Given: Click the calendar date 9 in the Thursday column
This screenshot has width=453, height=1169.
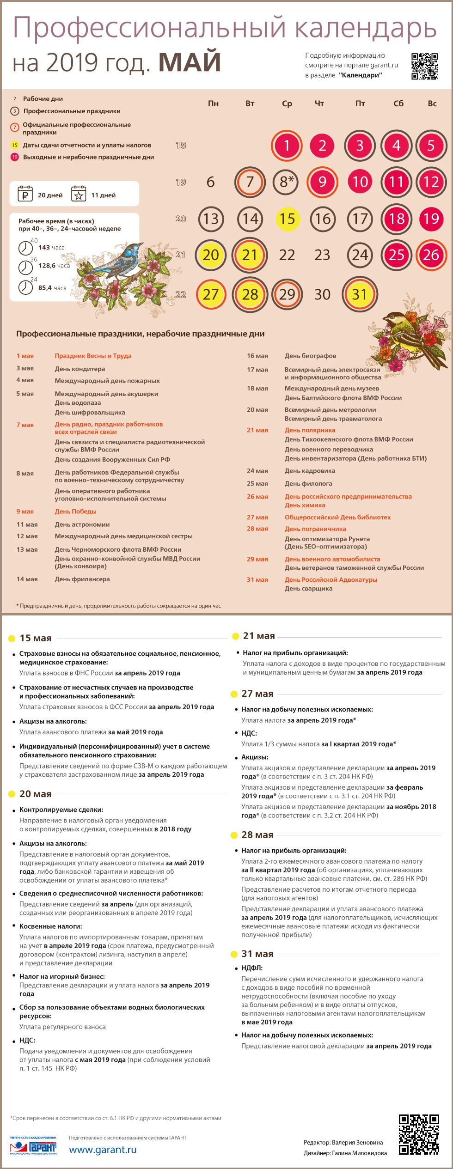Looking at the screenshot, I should coord(322,182).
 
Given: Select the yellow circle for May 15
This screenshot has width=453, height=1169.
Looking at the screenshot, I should coord(287,219).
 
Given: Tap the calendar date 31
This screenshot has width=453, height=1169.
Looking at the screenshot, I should coord(360,294).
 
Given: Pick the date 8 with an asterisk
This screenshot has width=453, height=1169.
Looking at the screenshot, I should coord(287,182).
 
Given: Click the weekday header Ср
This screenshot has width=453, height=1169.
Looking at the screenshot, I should coord(287,104).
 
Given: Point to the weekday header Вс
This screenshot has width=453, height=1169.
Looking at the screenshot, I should coord(432,104).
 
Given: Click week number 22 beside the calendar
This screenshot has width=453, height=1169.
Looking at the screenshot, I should coord(181,295).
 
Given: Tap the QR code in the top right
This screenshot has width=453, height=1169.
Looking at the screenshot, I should coord(424,66).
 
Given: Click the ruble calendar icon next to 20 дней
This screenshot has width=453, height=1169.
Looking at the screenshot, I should coord(25,194).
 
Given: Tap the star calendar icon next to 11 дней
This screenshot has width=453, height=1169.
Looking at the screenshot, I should coord(79,194).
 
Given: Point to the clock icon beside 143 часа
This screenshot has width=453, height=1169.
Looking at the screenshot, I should coord(25,248).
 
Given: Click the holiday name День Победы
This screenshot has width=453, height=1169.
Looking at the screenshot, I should coord(75,511).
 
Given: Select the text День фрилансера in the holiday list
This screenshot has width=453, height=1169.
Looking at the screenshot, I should coord(82,579).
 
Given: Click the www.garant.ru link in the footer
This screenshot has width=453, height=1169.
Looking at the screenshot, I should coord(103,1149).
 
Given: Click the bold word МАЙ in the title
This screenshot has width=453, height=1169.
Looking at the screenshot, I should coord(190,62).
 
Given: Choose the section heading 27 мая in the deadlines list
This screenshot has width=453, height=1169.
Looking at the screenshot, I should coord(257,694).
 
